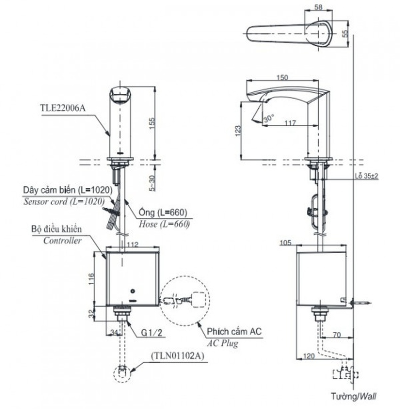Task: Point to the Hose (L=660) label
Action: (164, 225)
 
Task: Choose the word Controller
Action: (63, 240)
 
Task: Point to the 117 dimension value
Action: (290, 123)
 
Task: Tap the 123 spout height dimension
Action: (238, 130)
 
